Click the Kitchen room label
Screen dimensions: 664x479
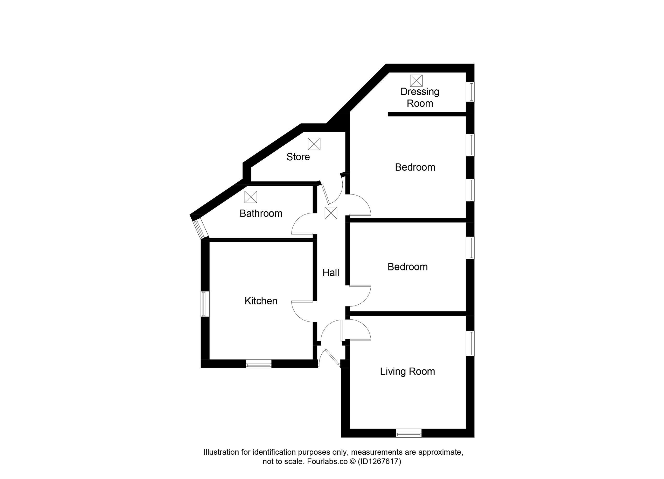(x=261, y=301)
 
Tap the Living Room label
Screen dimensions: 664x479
(x=407, y=371)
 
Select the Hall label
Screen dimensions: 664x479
(x=330, y=273)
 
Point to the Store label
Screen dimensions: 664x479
(x=298, y=157)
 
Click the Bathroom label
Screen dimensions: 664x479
(x=261, y=213)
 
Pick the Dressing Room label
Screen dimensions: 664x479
(x=420, y=97)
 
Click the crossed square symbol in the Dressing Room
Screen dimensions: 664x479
(x=416, y=80)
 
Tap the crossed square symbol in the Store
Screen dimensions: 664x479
(x=314, y=144)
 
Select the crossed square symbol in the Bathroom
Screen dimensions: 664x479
(x=251, y=197)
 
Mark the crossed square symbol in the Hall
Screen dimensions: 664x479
(x=331, y=213)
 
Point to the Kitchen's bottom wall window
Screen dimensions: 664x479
(x=259, y=364)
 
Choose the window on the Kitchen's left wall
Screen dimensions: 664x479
(x=205, y=304)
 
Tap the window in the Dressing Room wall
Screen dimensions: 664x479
(x=470, y=92)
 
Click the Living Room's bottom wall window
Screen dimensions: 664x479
(x=409, y=433)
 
